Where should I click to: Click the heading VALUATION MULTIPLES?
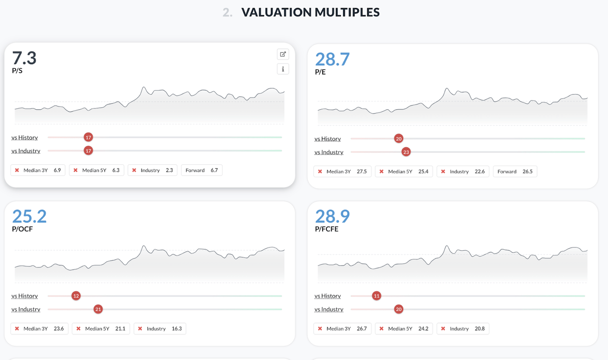(310, 12)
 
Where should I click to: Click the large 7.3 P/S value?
(24, 58)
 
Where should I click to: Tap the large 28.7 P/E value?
(332, 60)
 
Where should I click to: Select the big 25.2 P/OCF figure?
(29, 217)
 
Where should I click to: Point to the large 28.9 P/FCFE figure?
(332, 217)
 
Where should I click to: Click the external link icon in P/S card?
(283, 54)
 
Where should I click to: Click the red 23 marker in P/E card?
(406, 152)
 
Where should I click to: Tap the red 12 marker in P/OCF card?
(76, 296)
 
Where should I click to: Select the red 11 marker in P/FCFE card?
(377, 296)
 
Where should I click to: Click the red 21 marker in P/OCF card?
(98, 309)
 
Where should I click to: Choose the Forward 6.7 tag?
(201, 170)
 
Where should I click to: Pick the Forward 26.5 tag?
(515, 171)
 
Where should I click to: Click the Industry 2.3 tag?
(153, 170)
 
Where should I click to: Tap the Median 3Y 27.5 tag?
(342, 171)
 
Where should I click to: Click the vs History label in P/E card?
(328, 139)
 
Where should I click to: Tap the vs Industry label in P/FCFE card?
(329, 309)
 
